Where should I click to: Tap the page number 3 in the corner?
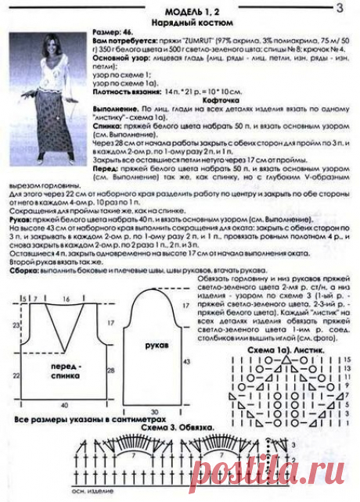pos(339,9)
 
